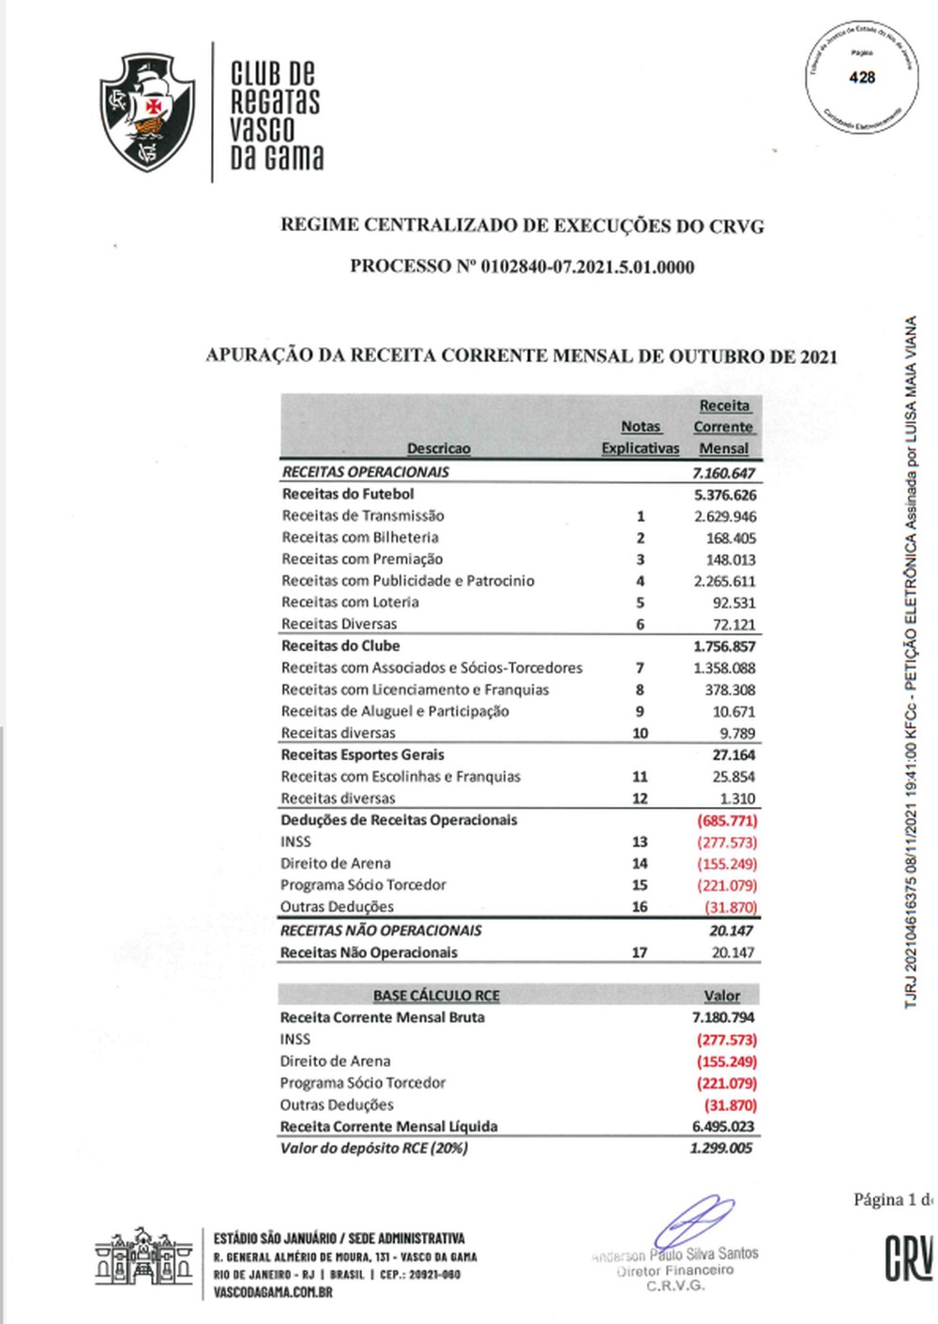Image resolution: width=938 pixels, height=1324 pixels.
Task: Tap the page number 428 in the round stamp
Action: [x=861, y=78]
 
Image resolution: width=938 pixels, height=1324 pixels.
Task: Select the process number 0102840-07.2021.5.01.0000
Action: [x=587, y=266]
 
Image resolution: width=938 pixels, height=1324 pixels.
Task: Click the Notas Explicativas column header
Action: [x=640, y=437]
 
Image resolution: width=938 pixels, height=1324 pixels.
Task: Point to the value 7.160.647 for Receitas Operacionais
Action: [x=724, y=473]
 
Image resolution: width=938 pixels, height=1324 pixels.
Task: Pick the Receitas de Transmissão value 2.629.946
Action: [x=725, y=516]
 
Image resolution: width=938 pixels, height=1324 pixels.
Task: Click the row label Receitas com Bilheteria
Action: [x=360, y=538]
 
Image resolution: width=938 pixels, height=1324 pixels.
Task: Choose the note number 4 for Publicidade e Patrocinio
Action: [x=641, y=581]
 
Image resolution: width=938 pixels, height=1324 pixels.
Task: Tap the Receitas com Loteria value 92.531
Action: [x=734, y=602]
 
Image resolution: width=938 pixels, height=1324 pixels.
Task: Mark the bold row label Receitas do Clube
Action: [x=340, y=646]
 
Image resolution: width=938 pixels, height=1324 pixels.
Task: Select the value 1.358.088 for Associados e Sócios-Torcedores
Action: [x=724, y=668]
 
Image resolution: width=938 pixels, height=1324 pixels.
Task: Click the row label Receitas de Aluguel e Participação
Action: [x=395, y=711]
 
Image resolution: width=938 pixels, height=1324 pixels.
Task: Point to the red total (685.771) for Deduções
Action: [x=726, y=821]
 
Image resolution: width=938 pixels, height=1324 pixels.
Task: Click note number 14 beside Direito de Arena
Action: [x=640, y=863]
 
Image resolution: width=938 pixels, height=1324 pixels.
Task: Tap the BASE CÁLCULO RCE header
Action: [x=436, y=996]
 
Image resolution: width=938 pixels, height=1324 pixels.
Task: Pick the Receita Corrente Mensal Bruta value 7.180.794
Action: [x=723, y=1017]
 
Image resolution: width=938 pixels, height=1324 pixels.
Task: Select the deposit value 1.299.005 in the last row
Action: [x=720, y=1148]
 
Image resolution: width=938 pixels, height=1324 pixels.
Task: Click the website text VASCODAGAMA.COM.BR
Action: [x=273, y=1292]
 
